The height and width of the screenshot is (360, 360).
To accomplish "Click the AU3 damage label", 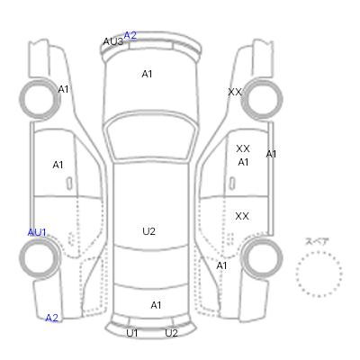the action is (113, 41).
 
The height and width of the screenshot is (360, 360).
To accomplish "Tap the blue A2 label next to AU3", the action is (130, 35).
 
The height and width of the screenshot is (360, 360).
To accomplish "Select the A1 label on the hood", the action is (147, 74).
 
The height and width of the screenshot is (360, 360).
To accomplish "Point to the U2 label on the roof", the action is (148, 231).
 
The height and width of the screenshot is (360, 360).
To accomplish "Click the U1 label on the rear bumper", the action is (132, 333).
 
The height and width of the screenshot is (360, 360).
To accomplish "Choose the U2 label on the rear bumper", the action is (171, 333).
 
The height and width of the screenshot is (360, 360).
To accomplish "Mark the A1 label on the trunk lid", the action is (156, 305).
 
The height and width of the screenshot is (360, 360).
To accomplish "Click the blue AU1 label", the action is (37, 232).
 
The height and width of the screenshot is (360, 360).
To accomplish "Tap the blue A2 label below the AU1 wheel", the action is (51, 318).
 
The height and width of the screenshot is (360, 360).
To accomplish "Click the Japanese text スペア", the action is (317, 241).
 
